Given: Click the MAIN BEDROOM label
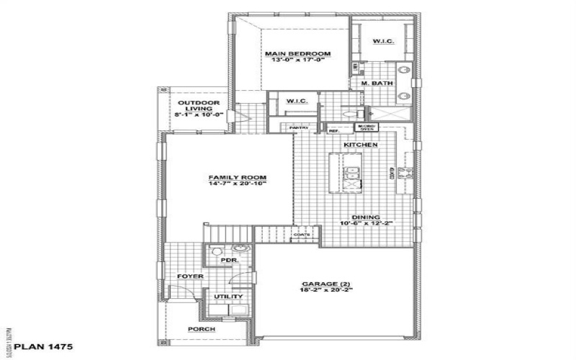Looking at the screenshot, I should tap(297, 53).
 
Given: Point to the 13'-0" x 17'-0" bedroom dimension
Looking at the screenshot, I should tap(297, 60).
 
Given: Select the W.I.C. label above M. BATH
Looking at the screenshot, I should tap(382, 41).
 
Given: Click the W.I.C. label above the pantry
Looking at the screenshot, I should tap(297, 101).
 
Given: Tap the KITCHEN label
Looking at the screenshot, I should tap(361, 145).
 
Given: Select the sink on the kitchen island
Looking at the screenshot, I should tap(353, 171).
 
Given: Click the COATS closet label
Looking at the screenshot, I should tap(301, 234).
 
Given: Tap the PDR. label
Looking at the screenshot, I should tap(229, 261).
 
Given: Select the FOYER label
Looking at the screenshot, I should tap(190, 276).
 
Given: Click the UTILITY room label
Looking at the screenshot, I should tap(228, 297).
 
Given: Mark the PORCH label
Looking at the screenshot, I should tap(202, 329).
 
